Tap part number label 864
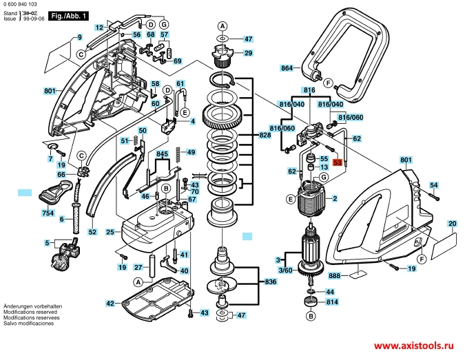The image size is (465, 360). [287, 68]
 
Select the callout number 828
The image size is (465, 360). [265, 136]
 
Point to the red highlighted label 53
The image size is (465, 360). [337, 163]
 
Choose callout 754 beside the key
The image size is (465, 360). [48, 214]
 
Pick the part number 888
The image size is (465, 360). [335, 275]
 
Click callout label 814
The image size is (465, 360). [332, 301]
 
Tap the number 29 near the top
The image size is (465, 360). [248, 53]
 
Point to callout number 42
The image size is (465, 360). [110, 304]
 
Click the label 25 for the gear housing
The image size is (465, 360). [110, 232]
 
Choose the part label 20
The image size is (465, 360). [452, 224]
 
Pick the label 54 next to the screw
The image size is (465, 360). [434, 185]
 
